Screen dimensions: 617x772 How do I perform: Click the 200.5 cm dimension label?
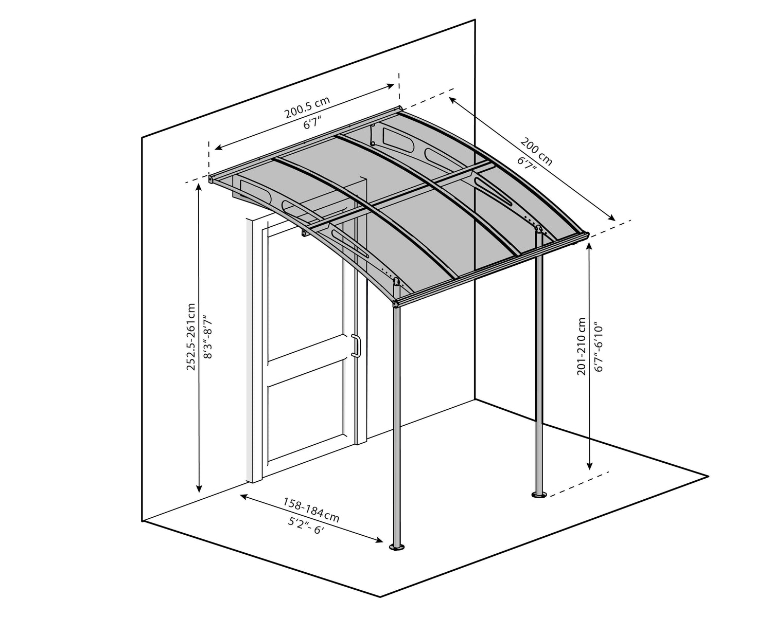tap(307, 107)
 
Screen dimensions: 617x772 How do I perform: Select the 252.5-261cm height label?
tap(191, 336)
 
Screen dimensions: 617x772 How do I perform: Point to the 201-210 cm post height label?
tap(582, 346)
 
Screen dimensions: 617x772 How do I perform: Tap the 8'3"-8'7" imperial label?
tap(208, 337)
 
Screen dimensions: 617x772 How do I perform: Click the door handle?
tap(355, 346)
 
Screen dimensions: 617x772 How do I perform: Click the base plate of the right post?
tap(539, 495)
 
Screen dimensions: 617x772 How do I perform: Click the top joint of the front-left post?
tap(396, 304)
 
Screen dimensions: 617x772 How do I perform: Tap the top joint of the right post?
tap(539, 230)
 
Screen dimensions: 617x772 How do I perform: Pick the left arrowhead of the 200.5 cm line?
tap(217, 148)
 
